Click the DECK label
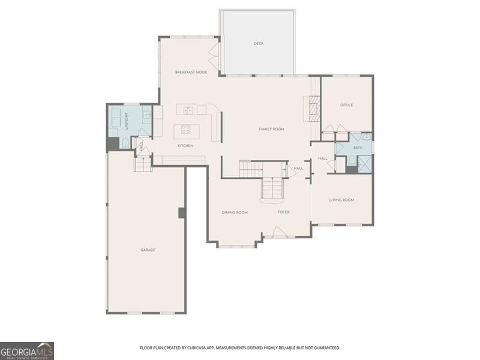pyautogui.click(x=259, y=43)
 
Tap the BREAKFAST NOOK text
pyautogui.click(x=191, y=72)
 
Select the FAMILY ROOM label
pyautogui.click(x=271, y=129)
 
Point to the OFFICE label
pyautogui.click(x=347, y=105)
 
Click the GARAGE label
pyautogui.click(x=148, y=250)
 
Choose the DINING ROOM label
pyautogui.click(x=235, y=212)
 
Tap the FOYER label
pyautogui.click(x=284, y=212)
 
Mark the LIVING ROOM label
pyautogui.click(x=341, y=200)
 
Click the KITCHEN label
pyautogui.click(x=185, y=146)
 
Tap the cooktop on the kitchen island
pyautogui.click(x=186, y=129)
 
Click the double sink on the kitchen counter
pyautogui.click(x=188, y=110)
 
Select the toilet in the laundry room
pyautogui.click(x=124, y=143)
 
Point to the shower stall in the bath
pyautogui.click(x=365, y=163)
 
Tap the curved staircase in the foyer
pyautogui.click(x=272, y=191)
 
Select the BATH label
pyautogui.click(x=358, y=148)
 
